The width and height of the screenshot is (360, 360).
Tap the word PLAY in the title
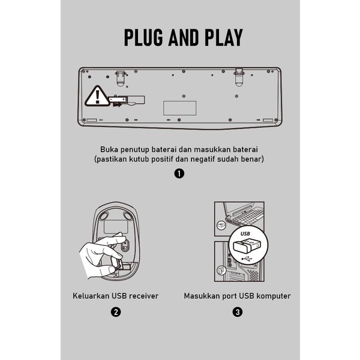coord(224,37)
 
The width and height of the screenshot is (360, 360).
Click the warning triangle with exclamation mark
coord(97,96)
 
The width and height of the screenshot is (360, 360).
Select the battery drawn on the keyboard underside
coord(118,99)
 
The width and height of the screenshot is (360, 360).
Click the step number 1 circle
coord(179,173)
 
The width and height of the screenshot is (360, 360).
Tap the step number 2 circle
coord(116,312)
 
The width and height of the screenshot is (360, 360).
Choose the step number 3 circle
coord(238,312)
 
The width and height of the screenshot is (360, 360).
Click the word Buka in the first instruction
coord(109,149)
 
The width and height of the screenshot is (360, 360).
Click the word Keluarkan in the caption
coord(91,296)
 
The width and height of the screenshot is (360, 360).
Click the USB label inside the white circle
coord(245,234)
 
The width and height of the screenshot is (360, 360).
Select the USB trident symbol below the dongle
coord(247,259)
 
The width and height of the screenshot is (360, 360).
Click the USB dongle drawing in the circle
coord(247,247)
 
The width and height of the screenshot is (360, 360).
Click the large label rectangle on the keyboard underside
coord(180,108)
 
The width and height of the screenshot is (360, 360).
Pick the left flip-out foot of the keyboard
coord(121,78)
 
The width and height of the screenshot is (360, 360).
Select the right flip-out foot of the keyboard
coord(239,77)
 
